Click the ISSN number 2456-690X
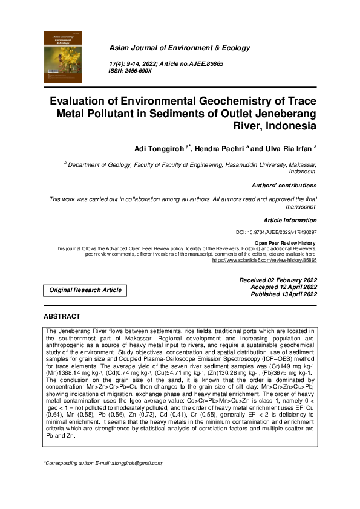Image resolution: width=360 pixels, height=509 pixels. [139, 71]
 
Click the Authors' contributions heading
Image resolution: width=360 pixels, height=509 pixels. [283, 186]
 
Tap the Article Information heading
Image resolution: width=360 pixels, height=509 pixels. [290, 221]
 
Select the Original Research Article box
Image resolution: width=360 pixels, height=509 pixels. [85, 290]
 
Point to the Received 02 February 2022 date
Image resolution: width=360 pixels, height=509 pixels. [278, 280]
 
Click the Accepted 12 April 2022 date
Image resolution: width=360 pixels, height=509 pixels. [279, 287]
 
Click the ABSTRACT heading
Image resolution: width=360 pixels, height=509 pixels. [62, 316]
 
